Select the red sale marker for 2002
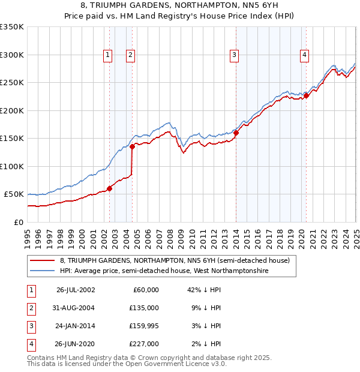110,188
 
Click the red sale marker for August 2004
132,146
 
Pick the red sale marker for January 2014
236,133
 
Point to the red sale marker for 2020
306,95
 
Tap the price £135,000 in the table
145,308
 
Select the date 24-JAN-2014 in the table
76,326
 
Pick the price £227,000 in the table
145,344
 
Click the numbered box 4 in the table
30,344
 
